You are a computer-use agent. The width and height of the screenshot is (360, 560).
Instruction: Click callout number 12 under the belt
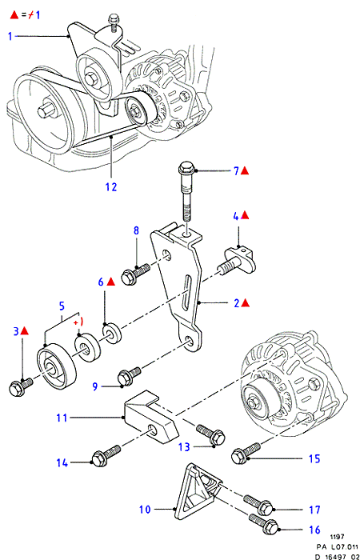(111, 186)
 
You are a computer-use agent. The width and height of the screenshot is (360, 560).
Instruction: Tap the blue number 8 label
(136, 230)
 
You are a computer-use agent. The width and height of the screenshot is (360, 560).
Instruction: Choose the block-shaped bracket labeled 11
(150, 417)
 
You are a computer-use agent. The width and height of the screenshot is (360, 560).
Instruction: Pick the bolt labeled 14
(106, 454)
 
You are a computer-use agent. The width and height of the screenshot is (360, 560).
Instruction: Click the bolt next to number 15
(246, 451)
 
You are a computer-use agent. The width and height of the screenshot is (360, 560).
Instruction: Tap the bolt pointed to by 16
(263, 522)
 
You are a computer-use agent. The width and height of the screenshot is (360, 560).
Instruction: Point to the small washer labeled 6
(113, 332)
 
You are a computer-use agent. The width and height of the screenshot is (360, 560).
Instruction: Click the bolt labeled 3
(21, 386)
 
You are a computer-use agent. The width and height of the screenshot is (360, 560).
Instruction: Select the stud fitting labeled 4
(237, 261)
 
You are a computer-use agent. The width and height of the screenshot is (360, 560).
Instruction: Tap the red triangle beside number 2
(245, 303)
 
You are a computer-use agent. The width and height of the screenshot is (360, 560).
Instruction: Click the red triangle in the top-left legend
(14, 15)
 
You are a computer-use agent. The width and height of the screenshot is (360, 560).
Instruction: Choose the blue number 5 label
(62, 306)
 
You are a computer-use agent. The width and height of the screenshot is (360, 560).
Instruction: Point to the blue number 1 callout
(10, 36)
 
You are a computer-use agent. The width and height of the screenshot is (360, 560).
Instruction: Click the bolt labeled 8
(136, 274)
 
